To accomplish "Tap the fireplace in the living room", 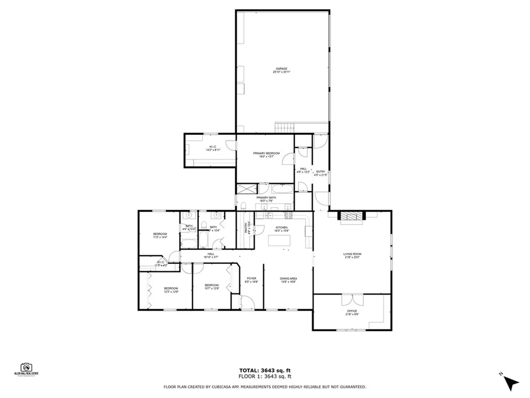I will coord(351,217).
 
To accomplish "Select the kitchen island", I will coord(279,240).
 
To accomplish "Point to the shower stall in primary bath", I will coord(246,189).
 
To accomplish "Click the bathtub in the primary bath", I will coord(282,189).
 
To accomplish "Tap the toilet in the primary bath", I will coord(243,207).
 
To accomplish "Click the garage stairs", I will coord(285,127).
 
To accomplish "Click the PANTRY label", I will coord(247,228).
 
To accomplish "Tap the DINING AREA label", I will coord(288,280).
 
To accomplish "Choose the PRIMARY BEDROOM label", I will coord(267,155).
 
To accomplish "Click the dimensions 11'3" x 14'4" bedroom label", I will coord(160,236).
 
